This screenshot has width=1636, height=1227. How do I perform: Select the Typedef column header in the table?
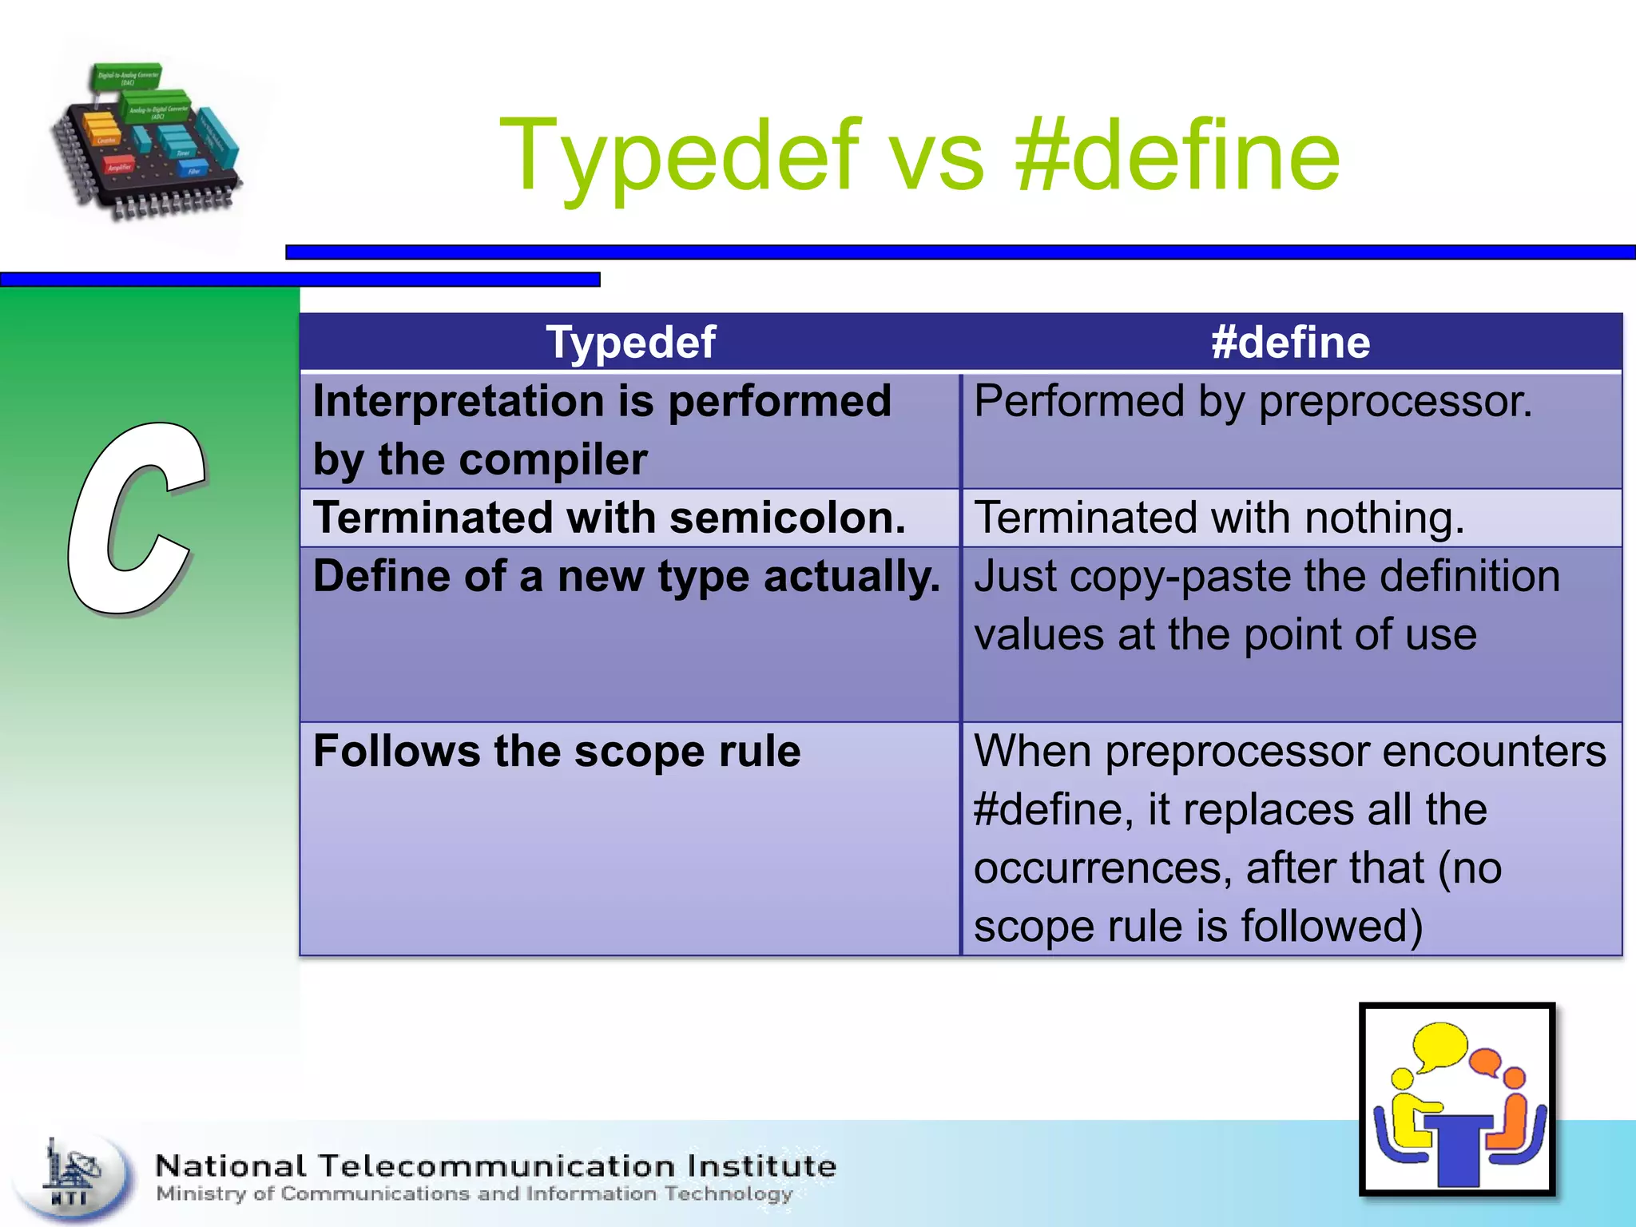tap(630, 343)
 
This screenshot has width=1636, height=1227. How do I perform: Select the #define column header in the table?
tap(1290, 343)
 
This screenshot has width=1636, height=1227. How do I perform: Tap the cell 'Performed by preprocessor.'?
tap(1253, 402)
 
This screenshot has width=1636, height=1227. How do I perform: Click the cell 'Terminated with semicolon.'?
tap(610, 518)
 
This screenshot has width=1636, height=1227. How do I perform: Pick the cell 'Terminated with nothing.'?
tap(1219, 518)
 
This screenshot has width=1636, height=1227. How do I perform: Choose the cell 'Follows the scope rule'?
tap(557, 752)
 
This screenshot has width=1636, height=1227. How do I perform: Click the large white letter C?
tap(134, 519)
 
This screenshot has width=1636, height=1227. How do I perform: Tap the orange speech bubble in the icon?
tap(1484, 1062)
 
